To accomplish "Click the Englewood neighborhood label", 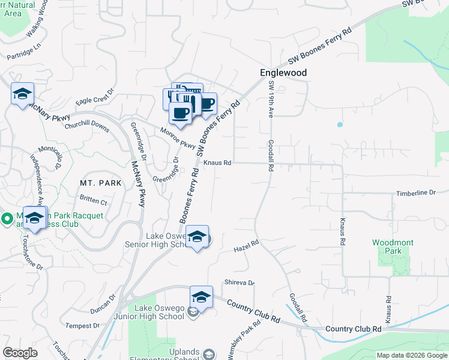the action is (283, 73).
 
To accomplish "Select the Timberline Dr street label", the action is (415, 193).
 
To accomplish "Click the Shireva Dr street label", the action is (240, 283).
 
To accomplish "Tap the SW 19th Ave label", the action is (271, 103).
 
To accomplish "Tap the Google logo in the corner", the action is (20, 353).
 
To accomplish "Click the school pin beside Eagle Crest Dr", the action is (22, 94).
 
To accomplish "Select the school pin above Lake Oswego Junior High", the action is (202, 296).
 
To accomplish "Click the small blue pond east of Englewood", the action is (340, 125).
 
